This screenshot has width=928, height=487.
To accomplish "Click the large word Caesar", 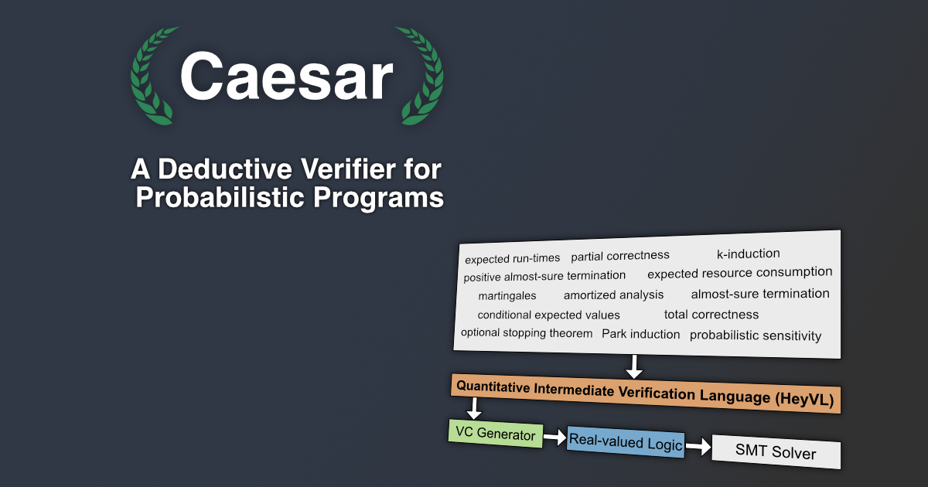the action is click(x=286, y=77).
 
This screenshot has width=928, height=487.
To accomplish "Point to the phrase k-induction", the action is click(x=749, y=254).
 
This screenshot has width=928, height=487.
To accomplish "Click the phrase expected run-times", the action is click(x=513, y=258).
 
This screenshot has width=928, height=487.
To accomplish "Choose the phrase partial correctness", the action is click(x=620, y=256).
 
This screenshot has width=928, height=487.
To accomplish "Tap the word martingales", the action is click(x=507, y=295).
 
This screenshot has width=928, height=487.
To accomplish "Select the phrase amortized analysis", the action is click(x=613, y=295).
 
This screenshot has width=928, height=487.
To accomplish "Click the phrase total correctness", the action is click(x=711, y=315).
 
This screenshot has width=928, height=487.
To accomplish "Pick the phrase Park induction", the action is click(x=641, y=334).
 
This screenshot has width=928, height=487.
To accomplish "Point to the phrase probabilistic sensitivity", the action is click(x=756, y=335).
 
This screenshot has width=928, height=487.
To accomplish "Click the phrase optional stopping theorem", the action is click(x=527, y=333).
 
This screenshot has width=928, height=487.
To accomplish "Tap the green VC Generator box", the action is click(x=496, y=433).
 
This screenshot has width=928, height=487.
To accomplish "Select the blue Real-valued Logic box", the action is click(x=626, y=441).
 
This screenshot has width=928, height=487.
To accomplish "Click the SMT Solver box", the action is click(x=776, y=451).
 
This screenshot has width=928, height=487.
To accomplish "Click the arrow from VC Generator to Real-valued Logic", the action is click(x=554, y=437).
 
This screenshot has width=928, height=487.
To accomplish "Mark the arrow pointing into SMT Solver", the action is click(x=698, y=447).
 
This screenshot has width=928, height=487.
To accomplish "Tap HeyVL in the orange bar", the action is click(x=804, y=399).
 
